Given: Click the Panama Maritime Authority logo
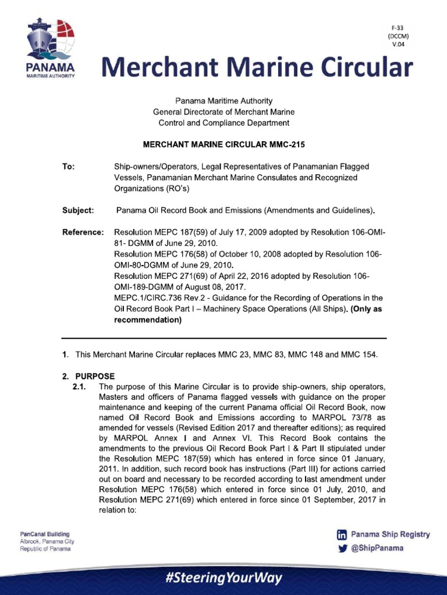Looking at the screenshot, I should point(50,50).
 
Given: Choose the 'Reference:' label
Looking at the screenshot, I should point(83,232).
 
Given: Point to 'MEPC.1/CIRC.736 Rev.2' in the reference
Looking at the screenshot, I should point(159,298).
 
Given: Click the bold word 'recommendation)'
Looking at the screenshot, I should point(148,320).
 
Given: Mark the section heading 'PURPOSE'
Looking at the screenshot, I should point(95,376).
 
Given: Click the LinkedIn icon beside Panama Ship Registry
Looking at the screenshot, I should point(342,535).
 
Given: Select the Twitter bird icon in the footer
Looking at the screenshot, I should point(342,548).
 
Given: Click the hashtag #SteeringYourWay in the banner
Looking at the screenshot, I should point(223,578).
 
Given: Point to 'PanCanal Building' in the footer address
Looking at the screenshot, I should point(45,534).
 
